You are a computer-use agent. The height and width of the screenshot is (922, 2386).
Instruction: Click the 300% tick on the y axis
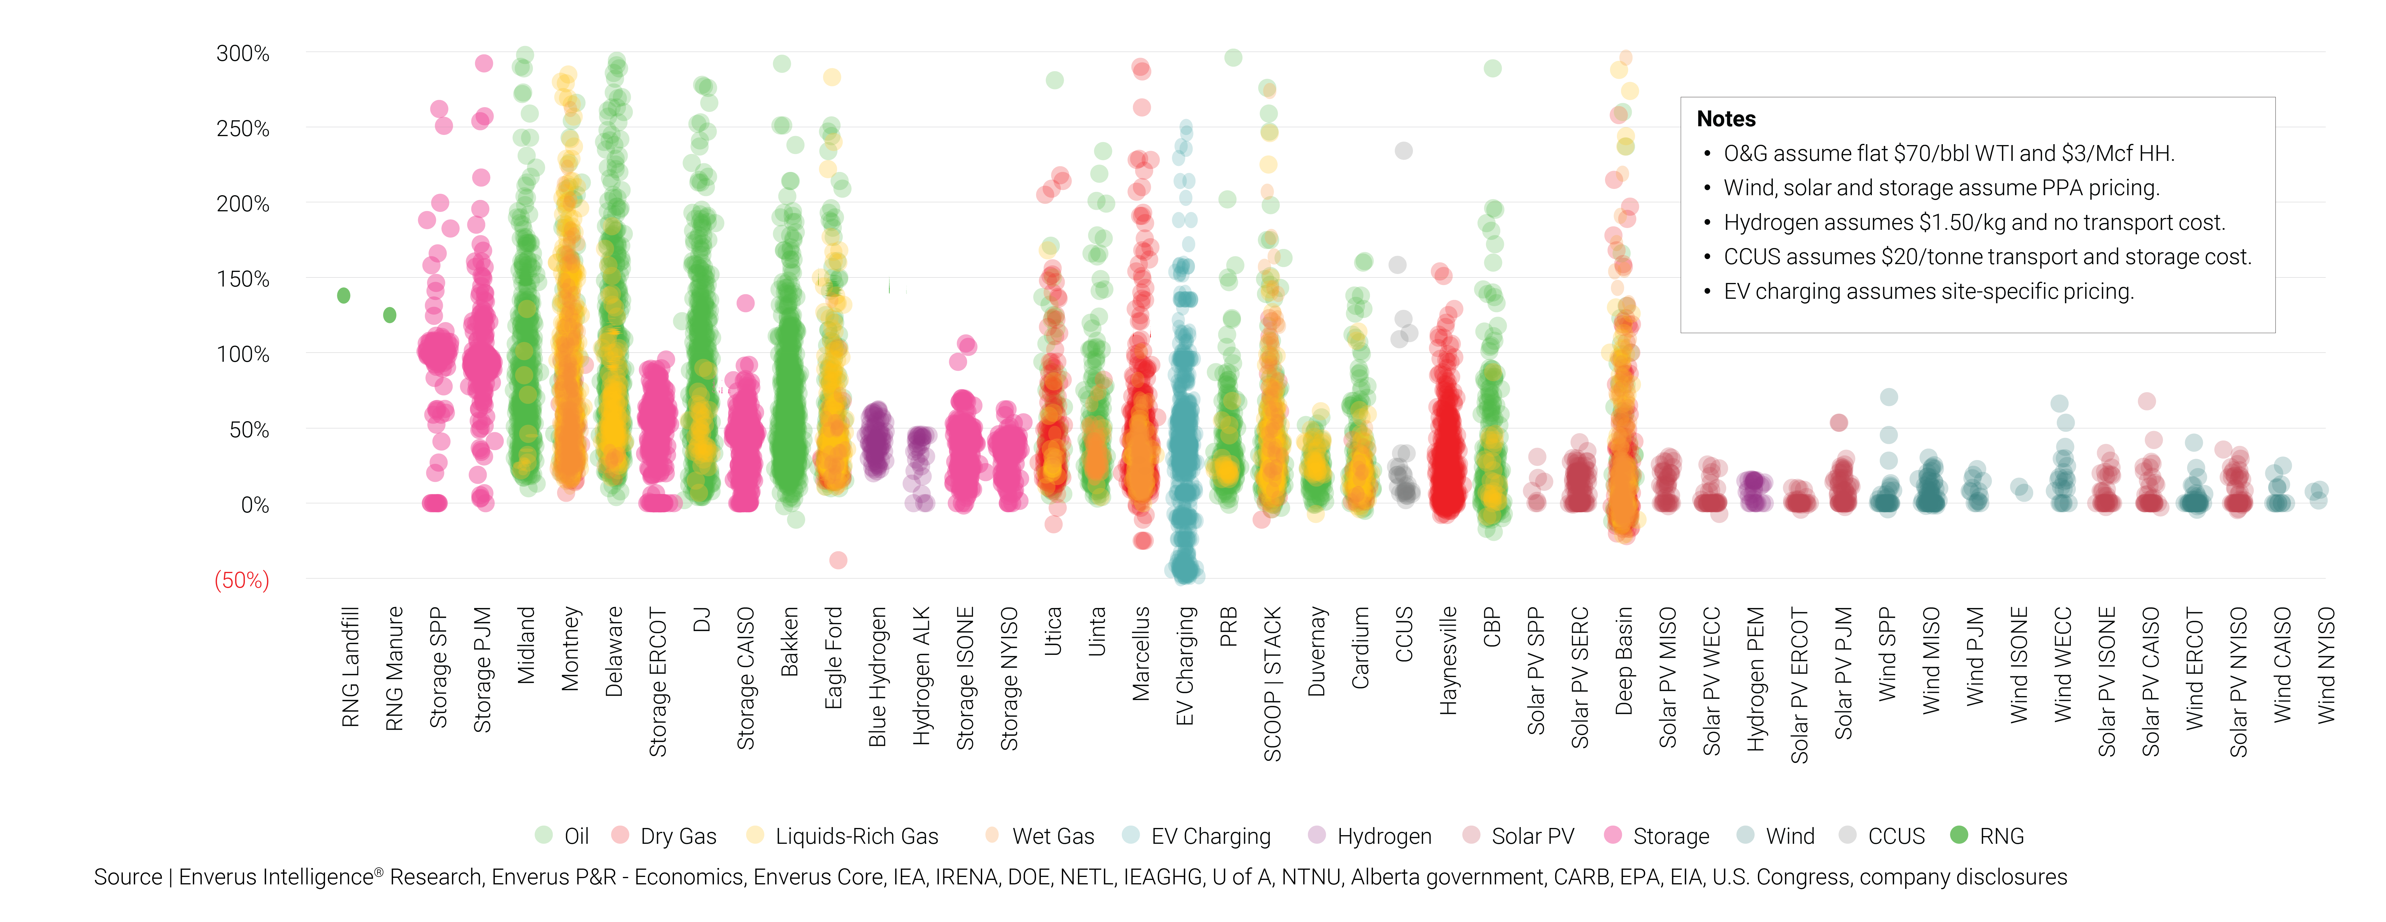(243, 54)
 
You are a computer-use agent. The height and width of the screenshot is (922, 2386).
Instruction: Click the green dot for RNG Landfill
(344, 295)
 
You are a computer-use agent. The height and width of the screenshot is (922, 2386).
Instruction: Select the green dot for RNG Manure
(390, 315)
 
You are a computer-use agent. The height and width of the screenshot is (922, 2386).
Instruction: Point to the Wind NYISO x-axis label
(2326, 665)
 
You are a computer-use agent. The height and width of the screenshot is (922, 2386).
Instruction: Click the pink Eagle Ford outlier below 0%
(838, 560)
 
